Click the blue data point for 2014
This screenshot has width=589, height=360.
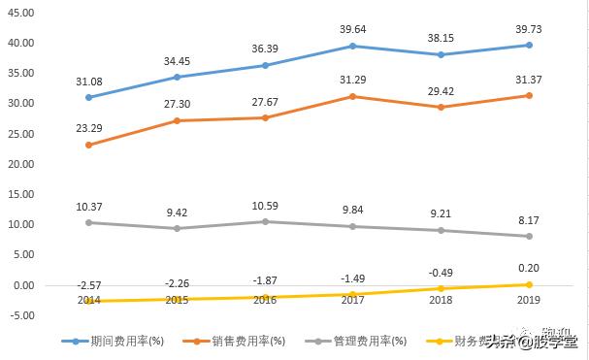point(88,97)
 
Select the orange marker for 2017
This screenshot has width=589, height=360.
point(352,96)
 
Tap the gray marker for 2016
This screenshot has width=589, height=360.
point(264,221)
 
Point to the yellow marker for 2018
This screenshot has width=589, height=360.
point(441,288)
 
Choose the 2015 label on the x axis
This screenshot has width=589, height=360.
point(176,301)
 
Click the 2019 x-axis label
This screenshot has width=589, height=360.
point(529,301)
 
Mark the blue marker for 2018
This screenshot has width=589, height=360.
point(441,54)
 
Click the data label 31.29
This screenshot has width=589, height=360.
point(352,78)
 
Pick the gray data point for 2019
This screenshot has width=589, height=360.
point(529,236)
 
